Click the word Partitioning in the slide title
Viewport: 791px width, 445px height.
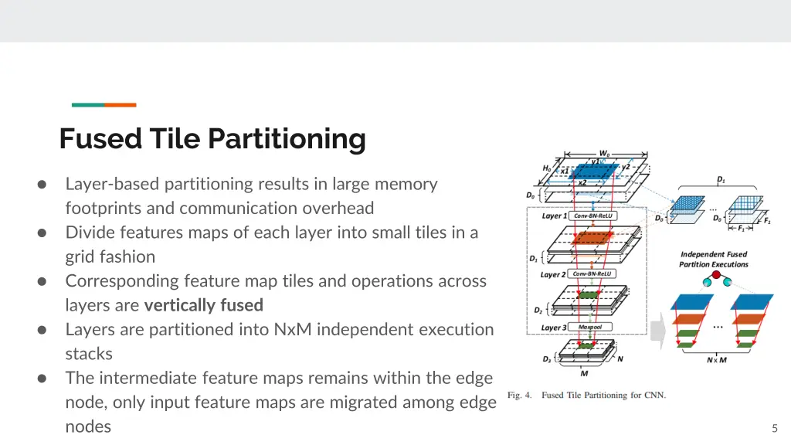(287, 139)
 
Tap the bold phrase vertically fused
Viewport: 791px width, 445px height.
(204, 305)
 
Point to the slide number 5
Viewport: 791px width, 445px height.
(775, 428)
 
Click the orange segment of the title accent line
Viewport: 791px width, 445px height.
(120, 105)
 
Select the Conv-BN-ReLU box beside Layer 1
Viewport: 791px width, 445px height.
(592, 216)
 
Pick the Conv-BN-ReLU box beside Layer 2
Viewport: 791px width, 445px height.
(592, 274)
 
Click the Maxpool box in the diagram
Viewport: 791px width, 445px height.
(590, 327)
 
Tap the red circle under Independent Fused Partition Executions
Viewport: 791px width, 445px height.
(716, 275)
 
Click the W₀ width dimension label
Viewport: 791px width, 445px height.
(604, 154)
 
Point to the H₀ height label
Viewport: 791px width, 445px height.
(547, 168)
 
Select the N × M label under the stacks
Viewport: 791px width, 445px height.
(716, 360)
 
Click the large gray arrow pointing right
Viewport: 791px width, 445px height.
(658, 331)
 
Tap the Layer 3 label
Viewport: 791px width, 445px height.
(554, 328)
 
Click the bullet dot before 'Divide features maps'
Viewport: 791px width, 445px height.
(42, 233)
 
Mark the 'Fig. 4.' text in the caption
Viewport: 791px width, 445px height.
(520, 395)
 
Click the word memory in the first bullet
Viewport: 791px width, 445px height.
(406, 184)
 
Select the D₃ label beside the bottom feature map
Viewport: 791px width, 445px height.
(547, 359)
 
